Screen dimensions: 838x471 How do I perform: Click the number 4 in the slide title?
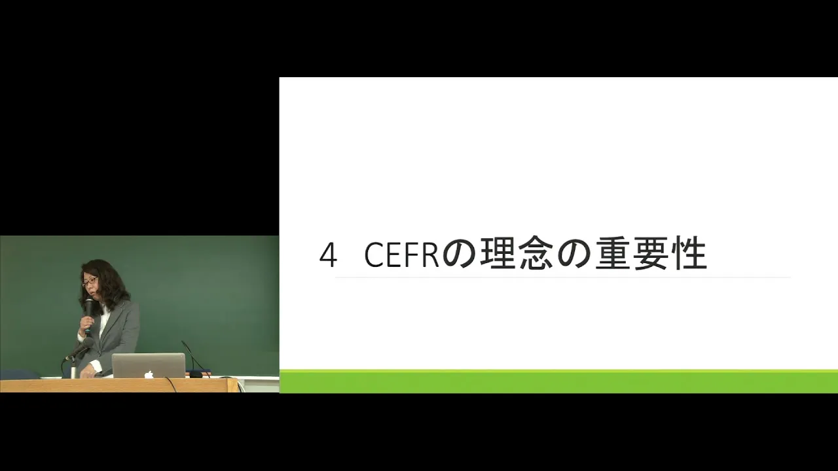point(328,255)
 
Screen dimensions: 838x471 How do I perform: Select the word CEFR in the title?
point(401,255)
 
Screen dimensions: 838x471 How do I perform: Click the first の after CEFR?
point(459,255)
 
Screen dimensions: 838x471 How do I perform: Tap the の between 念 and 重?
point(574,255)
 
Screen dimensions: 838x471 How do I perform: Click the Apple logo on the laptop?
point(149,374)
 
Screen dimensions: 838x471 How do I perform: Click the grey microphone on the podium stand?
point(79,349)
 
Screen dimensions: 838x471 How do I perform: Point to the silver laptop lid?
point(149,366)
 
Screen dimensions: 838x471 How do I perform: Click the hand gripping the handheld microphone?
point(86,323)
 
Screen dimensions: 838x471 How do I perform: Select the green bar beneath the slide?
point(558,381)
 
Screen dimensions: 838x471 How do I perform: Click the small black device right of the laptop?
point(195,374)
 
